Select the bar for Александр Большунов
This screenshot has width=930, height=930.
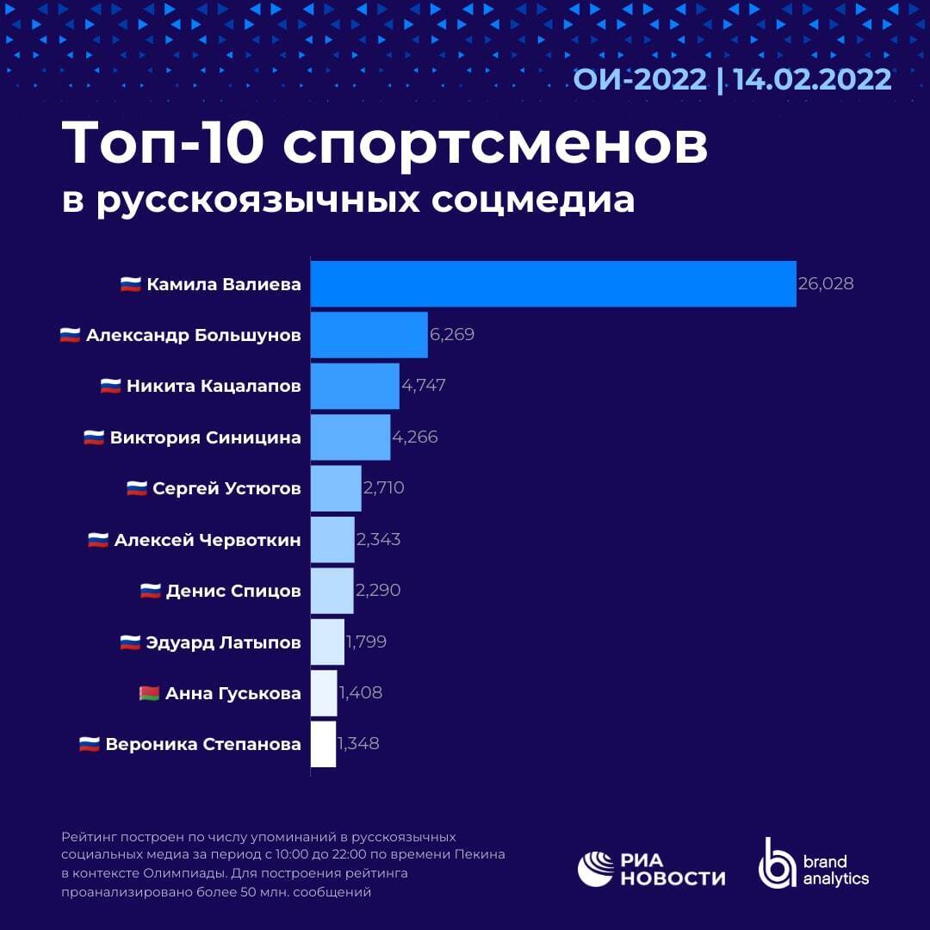pyautogui.click(x=369, y=334)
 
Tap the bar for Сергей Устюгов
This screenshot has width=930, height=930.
pyautogui.click(x=335, y=488)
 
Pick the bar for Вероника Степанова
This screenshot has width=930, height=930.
pyautogui.click(x=323, y=744)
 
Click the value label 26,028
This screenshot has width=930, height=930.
pyautogui.click(x=826, y=283)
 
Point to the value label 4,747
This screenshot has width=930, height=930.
pyautogui.click(x=423, y=386)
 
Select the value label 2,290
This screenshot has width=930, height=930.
pyautogui.click(x=378, y=591)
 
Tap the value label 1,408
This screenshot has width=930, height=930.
pyautogui.click(x=360, y=692)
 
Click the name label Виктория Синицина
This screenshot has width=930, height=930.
pyautogui.click(x=205, y=437)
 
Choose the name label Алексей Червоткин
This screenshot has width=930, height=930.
pyautogui.click(x=208, y=540)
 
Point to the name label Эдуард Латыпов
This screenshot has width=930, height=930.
pyautogui.click(x=223, y=642)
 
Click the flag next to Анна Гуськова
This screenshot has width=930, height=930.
pyautogui.click(x=149, y=693)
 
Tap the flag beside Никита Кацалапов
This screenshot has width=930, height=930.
pyautogui.click(x=110, y=386)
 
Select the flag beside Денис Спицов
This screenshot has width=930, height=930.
pyautogui.click(x=151, y=591)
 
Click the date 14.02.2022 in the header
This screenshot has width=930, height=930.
pyautogui.click(x=812, y=79)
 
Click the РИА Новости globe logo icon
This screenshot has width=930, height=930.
pyautogui.click(x=595, y=869)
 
